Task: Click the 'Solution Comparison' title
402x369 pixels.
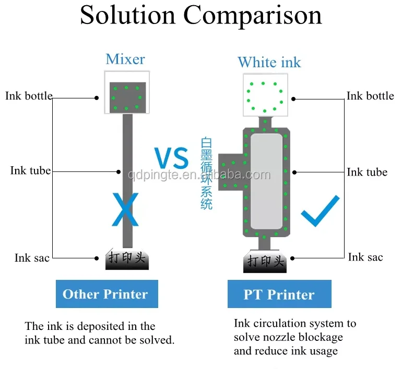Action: (x=201, y=15)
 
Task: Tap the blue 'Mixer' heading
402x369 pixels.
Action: (x=125, y=59)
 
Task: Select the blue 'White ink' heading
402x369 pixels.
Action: (x=269, y=63)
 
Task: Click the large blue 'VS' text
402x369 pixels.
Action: (x=171, y=158)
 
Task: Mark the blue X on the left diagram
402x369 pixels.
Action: (x=125, y=209)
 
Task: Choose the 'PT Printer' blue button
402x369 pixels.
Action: (x=279, y=294)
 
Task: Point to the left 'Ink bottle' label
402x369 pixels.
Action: (x=29, y=96)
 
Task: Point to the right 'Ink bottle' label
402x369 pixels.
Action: (x=370, y=96)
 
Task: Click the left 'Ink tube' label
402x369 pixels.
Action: (x=30, y=171)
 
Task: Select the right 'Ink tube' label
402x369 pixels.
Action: (x=367, y=172)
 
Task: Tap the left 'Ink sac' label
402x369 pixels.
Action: (x=32, y=258)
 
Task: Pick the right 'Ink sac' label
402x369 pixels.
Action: (x=365, y=257)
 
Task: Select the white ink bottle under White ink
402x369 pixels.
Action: (x=265, y=95)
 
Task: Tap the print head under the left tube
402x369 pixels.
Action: (x=127, y=259)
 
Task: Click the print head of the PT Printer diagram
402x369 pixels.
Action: (x=265, y=261)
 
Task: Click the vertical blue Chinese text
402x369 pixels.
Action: (x=207, y=174)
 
